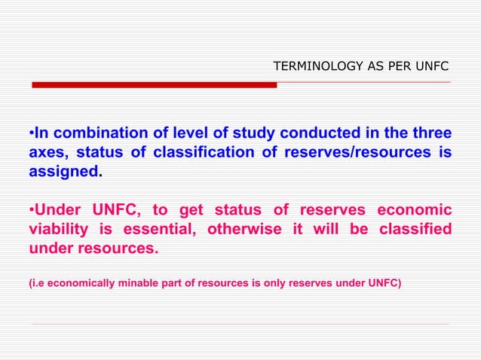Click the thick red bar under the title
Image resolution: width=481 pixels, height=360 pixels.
point(154,84)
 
